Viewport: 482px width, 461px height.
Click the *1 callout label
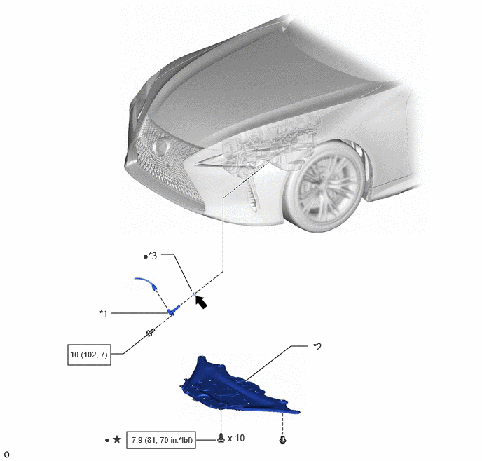click(104, 314)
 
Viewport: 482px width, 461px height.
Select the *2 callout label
click(317, 347)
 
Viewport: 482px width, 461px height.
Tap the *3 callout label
click(153, 256)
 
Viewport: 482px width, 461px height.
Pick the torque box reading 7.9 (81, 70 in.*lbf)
click(161, 440)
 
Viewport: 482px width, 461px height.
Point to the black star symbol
click(117, 439)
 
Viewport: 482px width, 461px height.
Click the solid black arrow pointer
click(201, 302)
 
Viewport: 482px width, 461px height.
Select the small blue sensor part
click(174, 310)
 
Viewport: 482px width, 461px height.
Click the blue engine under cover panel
click(237, 389)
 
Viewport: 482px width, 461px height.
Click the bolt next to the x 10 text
click(221, 439)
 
